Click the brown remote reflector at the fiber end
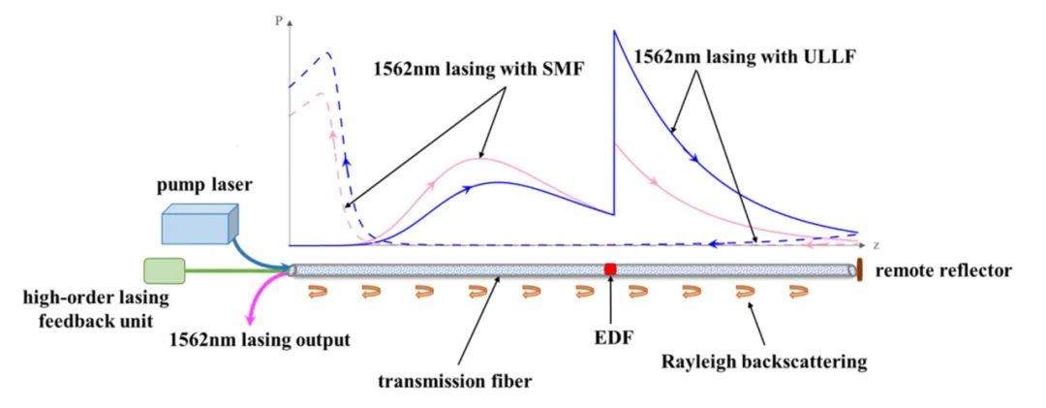point(860,268)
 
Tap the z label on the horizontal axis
point(875,244)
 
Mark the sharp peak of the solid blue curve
point(613,32)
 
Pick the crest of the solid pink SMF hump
point(481,158)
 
